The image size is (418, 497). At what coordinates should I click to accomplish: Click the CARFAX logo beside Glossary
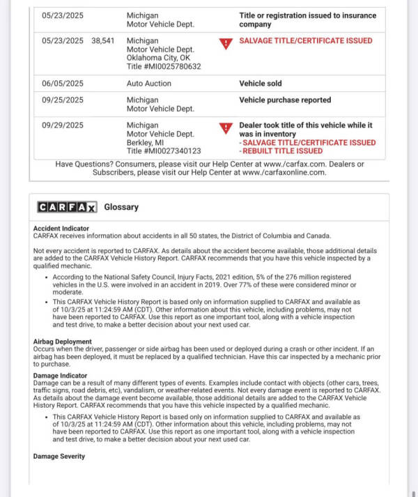point(67,207)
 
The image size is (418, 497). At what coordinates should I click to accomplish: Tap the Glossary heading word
point(121,207)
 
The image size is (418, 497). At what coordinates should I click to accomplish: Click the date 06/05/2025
point(62,84)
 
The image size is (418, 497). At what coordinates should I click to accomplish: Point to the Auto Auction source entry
point(149,84)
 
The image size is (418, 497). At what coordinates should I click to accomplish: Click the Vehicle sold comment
point(261,84)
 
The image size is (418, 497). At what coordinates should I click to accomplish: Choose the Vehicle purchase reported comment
point(285,100)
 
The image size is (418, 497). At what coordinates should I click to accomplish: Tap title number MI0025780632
point(164,67)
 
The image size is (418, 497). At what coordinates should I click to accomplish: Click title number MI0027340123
point(164,151)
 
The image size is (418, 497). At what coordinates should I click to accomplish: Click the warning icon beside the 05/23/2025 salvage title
point(225,44)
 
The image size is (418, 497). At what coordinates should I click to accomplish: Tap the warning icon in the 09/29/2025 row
point(225,128)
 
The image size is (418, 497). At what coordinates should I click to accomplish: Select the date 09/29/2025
point(62,125)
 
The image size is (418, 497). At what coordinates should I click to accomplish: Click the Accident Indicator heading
point(61,229)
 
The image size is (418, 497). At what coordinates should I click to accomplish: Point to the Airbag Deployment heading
point(63,342)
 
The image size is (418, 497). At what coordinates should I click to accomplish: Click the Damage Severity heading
point(59,457)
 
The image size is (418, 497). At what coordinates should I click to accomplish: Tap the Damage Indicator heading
point(60,376)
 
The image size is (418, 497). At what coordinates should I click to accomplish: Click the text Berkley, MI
point(145,142)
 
